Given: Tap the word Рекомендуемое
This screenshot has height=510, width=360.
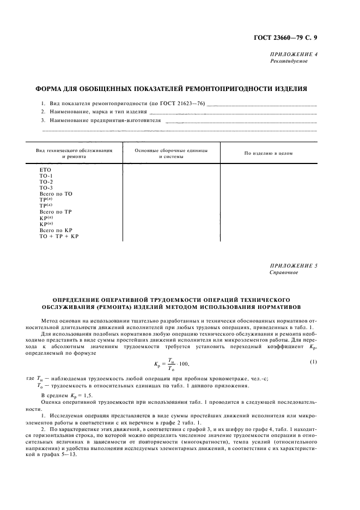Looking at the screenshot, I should tap(289, 62).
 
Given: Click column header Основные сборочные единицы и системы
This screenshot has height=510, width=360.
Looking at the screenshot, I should tap(171, 153).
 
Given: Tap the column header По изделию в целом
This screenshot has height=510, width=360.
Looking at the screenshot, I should tap(269, 153).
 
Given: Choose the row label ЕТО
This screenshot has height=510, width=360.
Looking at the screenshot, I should tap(45, 169).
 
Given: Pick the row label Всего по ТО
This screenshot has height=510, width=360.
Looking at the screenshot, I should tap(56, 193).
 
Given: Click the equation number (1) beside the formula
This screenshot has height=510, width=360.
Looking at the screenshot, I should tap(313, 361).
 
